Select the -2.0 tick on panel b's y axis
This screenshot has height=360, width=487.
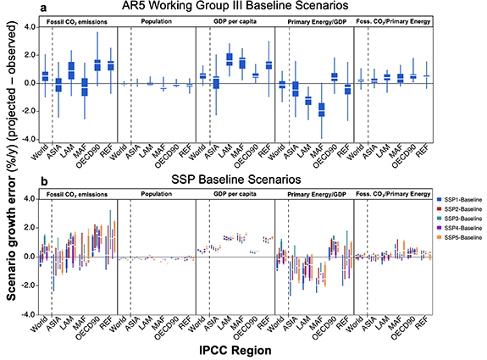[x=27, y=285]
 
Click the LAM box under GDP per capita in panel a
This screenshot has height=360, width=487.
[x=230, y=59]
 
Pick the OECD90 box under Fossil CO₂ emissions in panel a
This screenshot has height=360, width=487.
[x=97, y=64]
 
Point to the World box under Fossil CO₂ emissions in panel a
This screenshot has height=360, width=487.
[x=44, y=77]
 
